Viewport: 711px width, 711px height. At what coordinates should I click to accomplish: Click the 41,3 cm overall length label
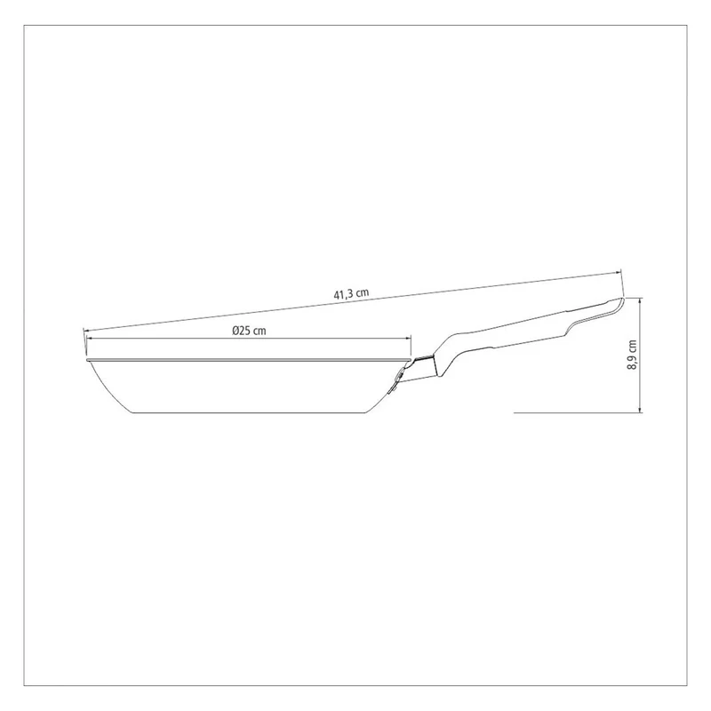point(351,293)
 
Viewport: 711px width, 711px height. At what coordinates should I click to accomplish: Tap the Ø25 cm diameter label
point(249,331)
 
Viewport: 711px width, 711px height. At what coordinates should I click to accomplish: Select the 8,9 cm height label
point(632,355)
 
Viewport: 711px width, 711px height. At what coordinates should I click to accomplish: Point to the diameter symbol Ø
point(236,331)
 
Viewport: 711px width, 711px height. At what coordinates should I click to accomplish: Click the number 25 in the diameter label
point(245,331)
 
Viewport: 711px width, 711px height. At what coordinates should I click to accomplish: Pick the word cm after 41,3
point(363,292)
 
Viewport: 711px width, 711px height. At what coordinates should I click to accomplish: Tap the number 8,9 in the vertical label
point(632,362)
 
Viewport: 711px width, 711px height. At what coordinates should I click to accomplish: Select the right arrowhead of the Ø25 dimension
point(408,338)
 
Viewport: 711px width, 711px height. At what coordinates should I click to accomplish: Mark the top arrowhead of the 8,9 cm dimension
point(640,301)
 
